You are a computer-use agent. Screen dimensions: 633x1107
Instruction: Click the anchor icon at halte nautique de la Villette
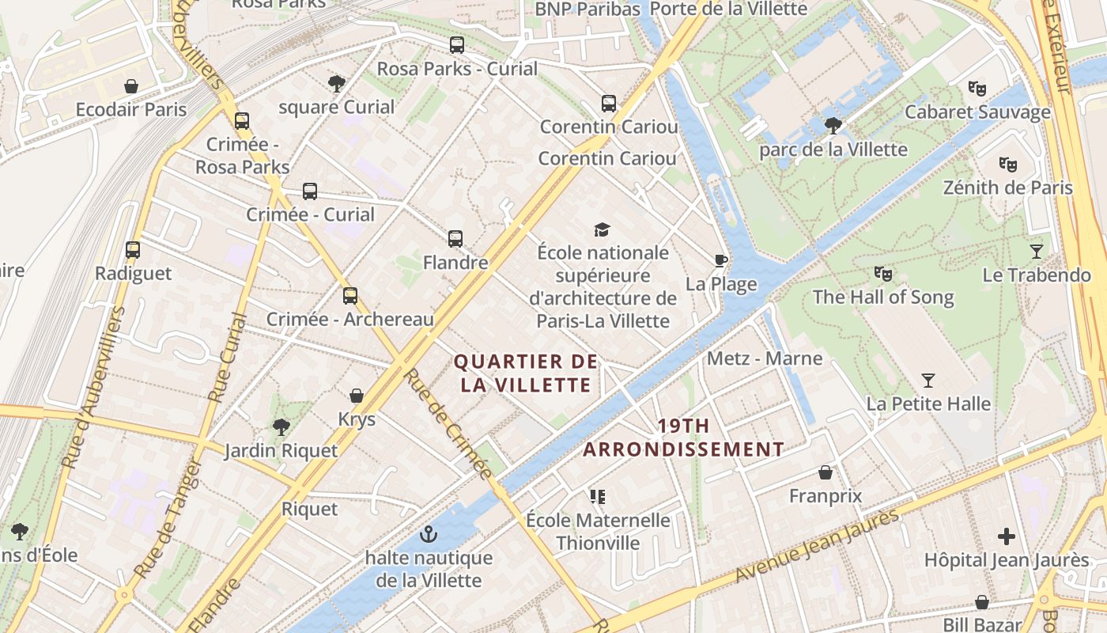pyautogui.click(x=429, y=534)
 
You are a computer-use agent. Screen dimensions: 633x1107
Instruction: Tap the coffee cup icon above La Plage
pyautogui.click(x=720, y=260)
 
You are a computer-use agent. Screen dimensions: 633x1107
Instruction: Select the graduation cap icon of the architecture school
pyautogui.click(x=603, y=229)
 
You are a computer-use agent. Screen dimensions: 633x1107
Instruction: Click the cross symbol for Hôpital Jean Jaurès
pyautogui.click(x=1006, y=537)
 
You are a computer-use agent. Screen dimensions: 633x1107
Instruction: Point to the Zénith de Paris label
pyautogui.click(x=1007, y=188)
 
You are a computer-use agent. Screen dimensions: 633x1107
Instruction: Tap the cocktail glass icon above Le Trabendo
pyautogui.click(x=1037, y=252)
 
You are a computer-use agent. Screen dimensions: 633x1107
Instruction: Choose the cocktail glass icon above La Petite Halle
pyautogui.click(x=928, y=381)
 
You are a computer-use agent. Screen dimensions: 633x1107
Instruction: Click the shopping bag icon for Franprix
pyautogui.click(x=826, y=473)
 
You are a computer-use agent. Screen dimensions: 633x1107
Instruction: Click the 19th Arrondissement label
pyautogui.click(x=684, y=438)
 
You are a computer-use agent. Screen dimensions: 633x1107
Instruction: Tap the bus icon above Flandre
pyautogui.click(x=455, y=238)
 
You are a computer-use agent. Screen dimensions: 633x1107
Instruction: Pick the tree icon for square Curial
pyautogui.click(x=336, y=83)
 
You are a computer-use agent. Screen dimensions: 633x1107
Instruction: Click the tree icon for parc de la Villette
pyautogui.click(x=833, y=125)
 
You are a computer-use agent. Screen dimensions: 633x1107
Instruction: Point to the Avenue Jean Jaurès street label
pyautogui.click(x=818, y=546)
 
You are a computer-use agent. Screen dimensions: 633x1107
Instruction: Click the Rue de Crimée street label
pyautogui.click(x=448, y=424)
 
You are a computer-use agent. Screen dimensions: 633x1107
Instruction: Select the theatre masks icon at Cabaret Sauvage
pyautogui.click(x=977, y=89)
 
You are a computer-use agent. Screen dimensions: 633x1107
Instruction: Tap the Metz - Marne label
pyautogui.click(x=765, y=358)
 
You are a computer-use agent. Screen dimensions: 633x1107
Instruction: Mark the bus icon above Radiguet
pyautogui.click(x=133, y=250)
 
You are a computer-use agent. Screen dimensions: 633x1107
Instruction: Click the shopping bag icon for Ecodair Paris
pyautogui.click(x=131, y=86)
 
